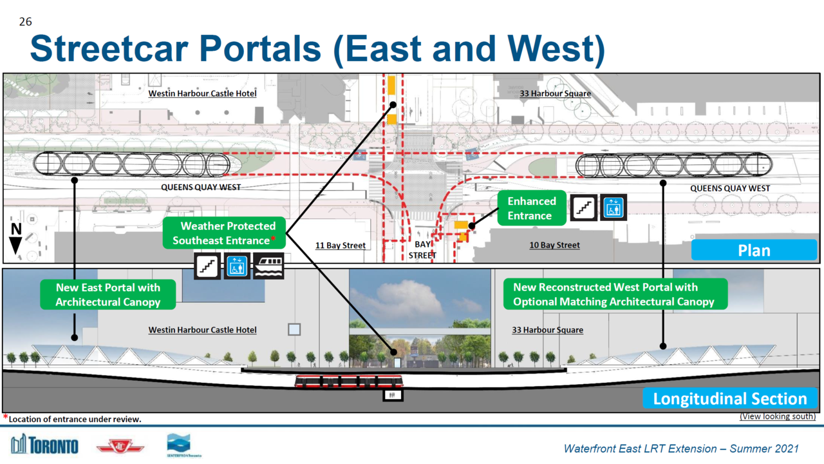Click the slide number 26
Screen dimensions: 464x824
pos(25,22)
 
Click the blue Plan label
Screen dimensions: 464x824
pos(754,250)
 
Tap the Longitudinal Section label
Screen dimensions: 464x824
pos(730,398)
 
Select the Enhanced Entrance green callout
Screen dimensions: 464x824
pos(531,208)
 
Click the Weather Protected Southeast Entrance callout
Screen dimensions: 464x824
pos(223,233)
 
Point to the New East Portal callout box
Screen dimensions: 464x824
pos(108,295)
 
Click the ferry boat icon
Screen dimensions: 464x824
pos(268,266)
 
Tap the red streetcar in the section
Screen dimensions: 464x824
pos(348,381)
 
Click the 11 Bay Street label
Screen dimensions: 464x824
pos(341,246)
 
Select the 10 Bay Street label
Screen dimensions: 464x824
pos(554,246)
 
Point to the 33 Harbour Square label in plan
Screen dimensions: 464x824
pos(555,93)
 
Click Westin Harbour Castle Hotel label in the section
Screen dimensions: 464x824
pos(202,330)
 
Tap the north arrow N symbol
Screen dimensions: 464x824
pos(16,237)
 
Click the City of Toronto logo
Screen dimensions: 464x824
pos(44,445)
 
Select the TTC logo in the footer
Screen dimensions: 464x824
pos(120,446)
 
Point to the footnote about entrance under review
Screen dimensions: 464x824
pos(72,419)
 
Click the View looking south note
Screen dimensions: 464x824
pos(777,416)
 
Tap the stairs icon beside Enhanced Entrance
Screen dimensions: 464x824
pos(583,208)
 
